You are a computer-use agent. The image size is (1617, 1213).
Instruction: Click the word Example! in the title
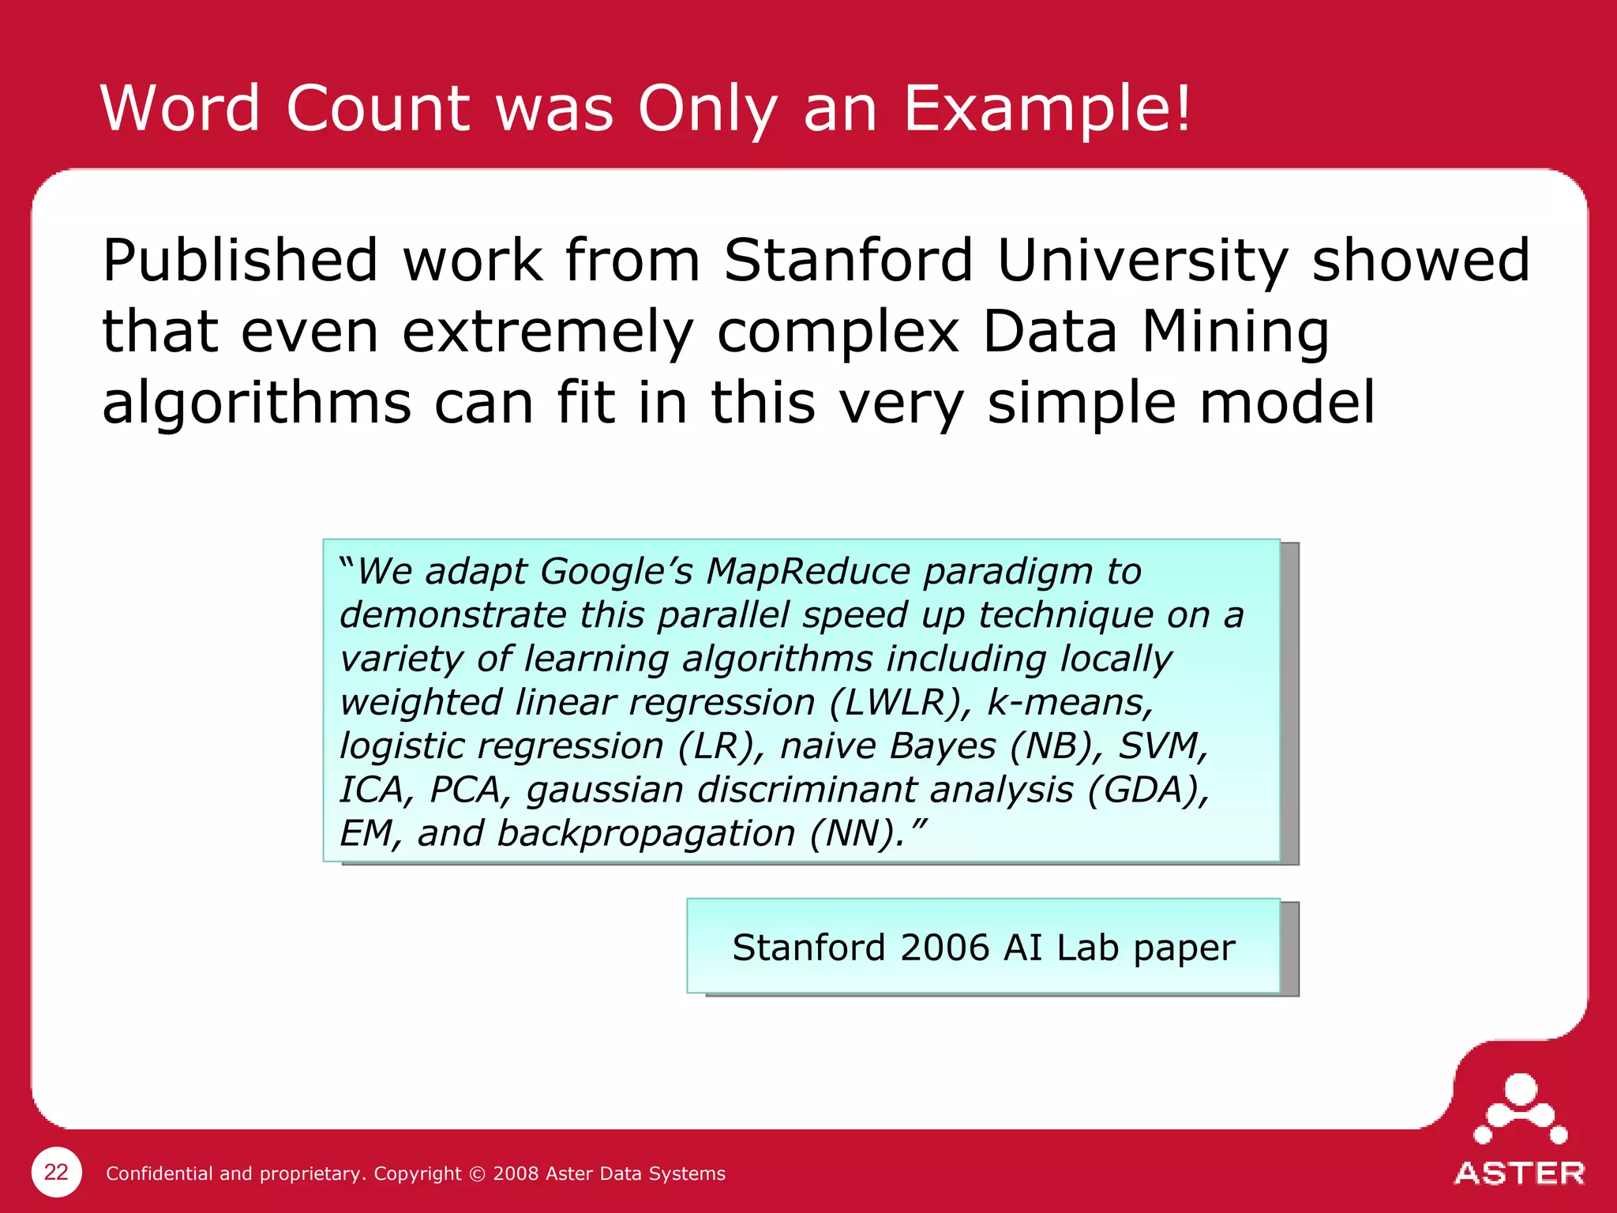coord(1046,109)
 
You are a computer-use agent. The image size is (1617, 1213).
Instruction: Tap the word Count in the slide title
coord(377,108)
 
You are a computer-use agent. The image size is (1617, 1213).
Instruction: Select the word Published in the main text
coord(241,261)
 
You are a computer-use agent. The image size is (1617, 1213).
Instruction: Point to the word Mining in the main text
coord(1236,332)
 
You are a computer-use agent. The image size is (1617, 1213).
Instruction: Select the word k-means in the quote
coord(1070,702)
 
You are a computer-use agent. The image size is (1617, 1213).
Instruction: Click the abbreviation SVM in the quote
coord(1162,745)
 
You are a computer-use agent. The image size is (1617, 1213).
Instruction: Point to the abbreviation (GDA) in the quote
coord(1146,789)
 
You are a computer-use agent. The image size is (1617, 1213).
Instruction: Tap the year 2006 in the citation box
coord(944,948)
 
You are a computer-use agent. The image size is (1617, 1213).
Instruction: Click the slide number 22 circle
coord(56,1172)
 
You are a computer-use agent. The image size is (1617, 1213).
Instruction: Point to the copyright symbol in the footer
coord(477,1174)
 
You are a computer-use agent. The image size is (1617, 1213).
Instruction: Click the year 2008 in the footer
coord(516,1174)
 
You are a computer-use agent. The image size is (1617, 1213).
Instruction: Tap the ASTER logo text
coord(1519,1174)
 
